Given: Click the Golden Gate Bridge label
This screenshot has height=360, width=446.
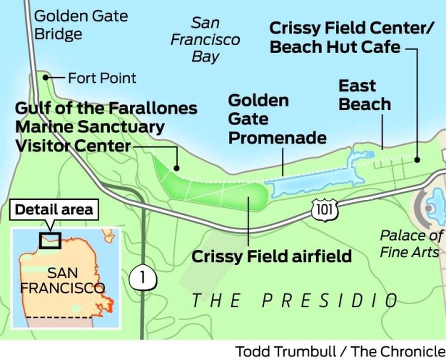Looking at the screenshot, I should click(x=81, y=25).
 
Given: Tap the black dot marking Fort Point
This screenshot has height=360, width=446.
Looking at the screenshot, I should click(x=45, y=77).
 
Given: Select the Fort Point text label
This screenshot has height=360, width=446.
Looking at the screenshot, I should click(x=102, y=78).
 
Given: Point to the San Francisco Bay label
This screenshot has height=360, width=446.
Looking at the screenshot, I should click(x=205, y=40).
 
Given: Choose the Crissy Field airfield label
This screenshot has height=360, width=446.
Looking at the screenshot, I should click(x=271, y=256).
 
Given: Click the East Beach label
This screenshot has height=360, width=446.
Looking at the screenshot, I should click(x=364, y=95).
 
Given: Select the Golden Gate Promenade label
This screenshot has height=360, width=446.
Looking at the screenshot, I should click(x=277, y=119).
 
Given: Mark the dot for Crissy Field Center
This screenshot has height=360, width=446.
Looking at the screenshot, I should click(x=417, y=160).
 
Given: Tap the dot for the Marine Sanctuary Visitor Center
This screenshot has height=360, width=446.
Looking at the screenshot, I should click(x=177, y=167).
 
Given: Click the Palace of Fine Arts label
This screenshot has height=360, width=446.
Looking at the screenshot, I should click(x=411, y=244).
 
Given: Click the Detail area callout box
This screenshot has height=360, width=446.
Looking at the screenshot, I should click(x=54, y=209).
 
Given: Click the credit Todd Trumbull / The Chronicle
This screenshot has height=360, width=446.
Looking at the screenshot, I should click(x=340, y=351).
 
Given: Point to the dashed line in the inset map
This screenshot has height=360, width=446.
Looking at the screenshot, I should click(x=59, y=317).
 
